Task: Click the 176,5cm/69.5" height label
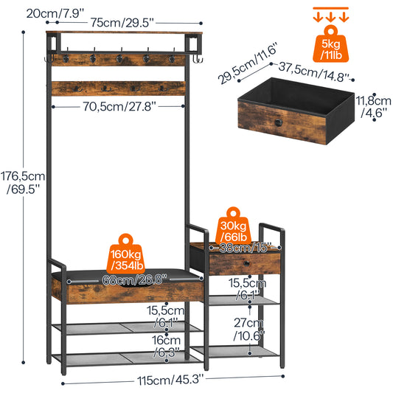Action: [x=23, y=182]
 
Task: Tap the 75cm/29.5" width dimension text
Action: [x=122, y=23]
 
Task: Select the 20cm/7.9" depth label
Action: [x=55, y=13]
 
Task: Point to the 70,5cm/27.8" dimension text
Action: [x=119, y=106]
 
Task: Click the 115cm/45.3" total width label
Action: [x=171, y=380]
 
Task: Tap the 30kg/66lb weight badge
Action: [x=233, y=226]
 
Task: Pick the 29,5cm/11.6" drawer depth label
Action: [x=248, y=63]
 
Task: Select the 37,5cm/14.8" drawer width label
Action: [x=314, y=72]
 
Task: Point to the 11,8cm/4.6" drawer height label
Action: [x=373, y=106]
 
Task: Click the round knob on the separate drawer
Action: [x=279, y=122]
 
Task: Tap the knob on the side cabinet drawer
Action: [x=246, y=264]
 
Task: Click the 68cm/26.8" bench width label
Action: [x=135, y=279]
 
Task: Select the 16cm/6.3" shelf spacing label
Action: [x=166, y=346]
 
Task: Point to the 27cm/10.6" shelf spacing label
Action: [x=249, y=329]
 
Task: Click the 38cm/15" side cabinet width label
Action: [x=245, y=248]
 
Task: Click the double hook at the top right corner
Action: [x=198, y=59]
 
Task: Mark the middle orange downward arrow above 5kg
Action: [x=330, y=17]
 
